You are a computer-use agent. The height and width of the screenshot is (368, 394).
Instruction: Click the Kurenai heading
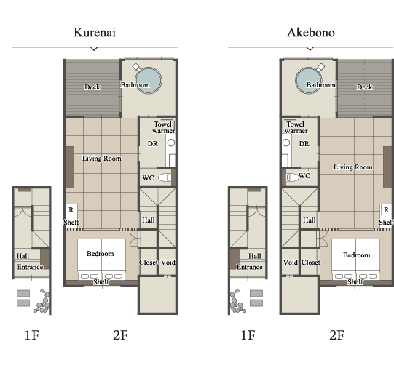[x=95, y=32]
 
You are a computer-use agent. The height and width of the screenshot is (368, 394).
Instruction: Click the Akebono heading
[x=311, y=32]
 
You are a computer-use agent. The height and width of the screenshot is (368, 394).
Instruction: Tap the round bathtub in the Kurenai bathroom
[x=149, y=81]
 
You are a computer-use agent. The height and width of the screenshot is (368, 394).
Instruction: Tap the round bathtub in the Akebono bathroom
[x=309, y=81]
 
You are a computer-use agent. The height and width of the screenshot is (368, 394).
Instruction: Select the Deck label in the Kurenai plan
[x=92, y=87]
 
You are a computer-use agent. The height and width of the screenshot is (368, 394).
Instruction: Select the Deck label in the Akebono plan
[x=365, y=87]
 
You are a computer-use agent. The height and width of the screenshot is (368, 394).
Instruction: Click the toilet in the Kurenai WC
[x=165, y=177]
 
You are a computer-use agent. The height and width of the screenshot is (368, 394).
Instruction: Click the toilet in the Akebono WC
[x=292, y=177]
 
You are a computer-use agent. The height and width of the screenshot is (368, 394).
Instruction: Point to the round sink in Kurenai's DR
[x=171, y=143]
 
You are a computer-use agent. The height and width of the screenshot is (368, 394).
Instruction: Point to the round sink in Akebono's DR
[x=286, y=143]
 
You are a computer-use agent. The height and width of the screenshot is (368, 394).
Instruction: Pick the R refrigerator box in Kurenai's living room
[x=71, y=209]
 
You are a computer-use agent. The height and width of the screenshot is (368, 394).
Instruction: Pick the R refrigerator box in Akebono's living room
[x=387, y=209]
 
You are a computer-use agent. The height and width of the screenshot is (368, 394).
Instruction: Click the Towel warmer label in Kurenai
[x=164, y=127]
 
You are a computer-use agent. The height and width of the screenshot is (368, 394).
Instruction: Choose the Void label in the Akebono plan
[x=291, y=263]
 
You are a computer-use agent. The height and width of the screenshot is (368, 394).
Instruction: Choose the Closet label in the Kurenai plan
[x=149, y=263]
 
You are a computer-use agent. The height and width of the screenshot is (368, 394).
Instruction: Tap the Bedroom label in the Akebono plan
[x=357, y=255]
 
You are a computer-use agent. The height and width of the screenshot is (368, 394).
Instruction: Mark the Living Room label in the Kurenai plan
[x=102, y=159]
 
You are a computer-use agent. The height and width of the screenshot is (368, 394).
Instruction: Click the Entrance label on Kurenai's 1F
[x=30, y=267]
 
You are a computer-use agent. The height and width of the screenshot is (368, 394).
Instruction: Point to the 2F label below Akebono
[x=336, y=335]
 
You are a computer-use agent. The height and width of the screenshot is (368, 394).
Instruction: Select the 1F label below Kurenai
[x=32, y=335]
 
